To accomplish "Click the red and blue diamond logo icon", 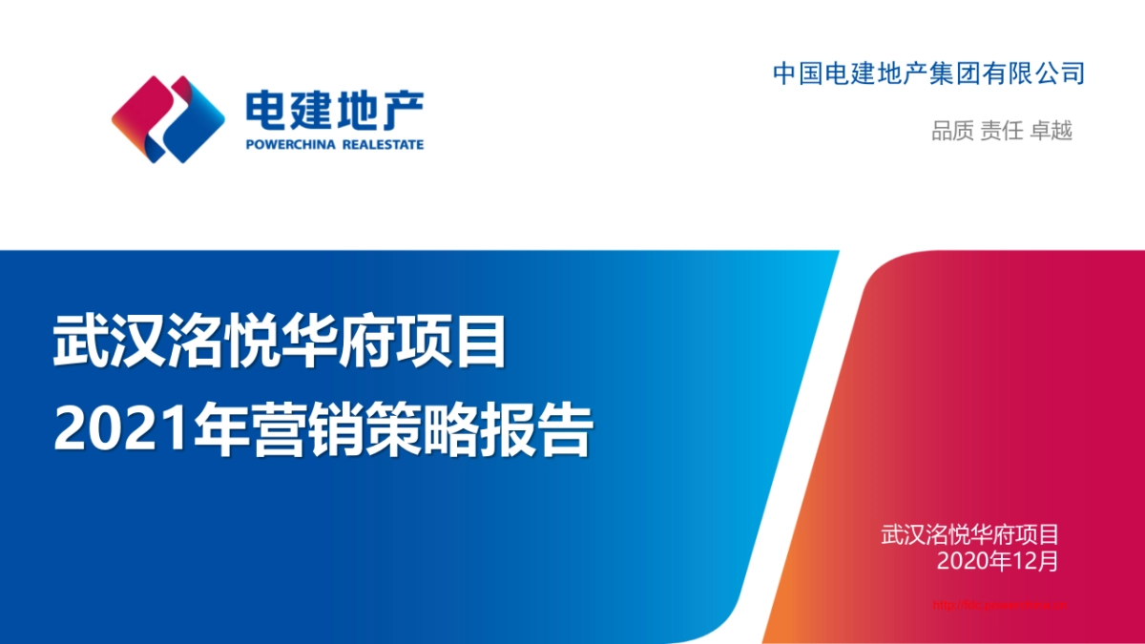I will [x=168, y=119].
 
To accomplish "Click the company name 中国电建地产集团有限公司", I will [x=928, y=73].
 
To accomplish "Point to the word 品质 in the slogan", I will [x=952, y=131].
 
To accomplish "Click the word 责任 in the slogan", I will [x=1002, y=131].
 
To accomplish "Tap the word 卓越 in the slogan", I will [x=1051, y=131].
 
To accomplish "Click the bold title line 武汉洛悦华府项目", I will [x=280, y=343].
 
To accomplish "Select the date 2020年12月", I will [x=997, y=561].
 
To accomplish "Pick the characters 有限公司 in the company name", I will [x=1047, y=73].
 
